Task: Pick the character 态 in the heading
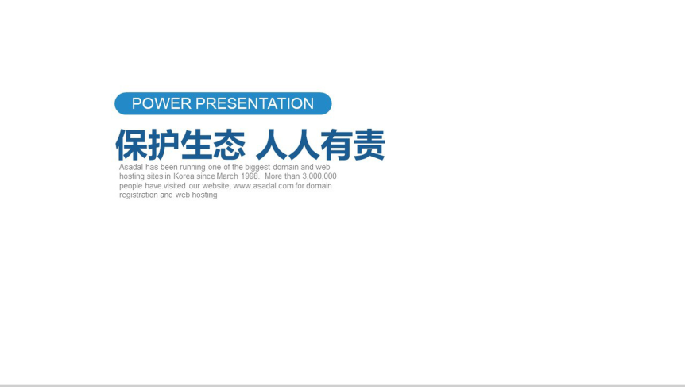coord(229,145)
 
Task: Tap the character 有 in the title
coord(336,145)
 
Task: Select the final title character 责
coord(369,145)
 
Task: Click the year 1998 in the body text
coord(255,176)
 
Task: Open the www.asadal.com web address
coord(263,186)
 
